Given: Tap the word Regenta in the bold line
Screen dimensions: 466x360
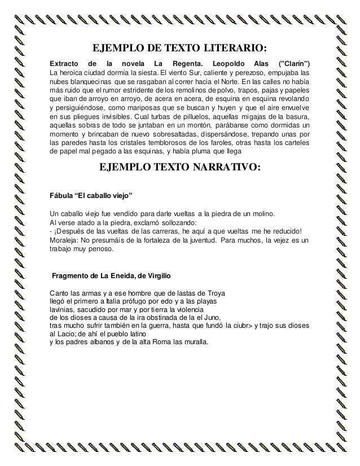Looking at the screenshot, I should click(x=187, y=61).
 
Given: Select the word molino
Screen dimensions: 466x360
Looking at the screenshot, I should click(x=262, y=214).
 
